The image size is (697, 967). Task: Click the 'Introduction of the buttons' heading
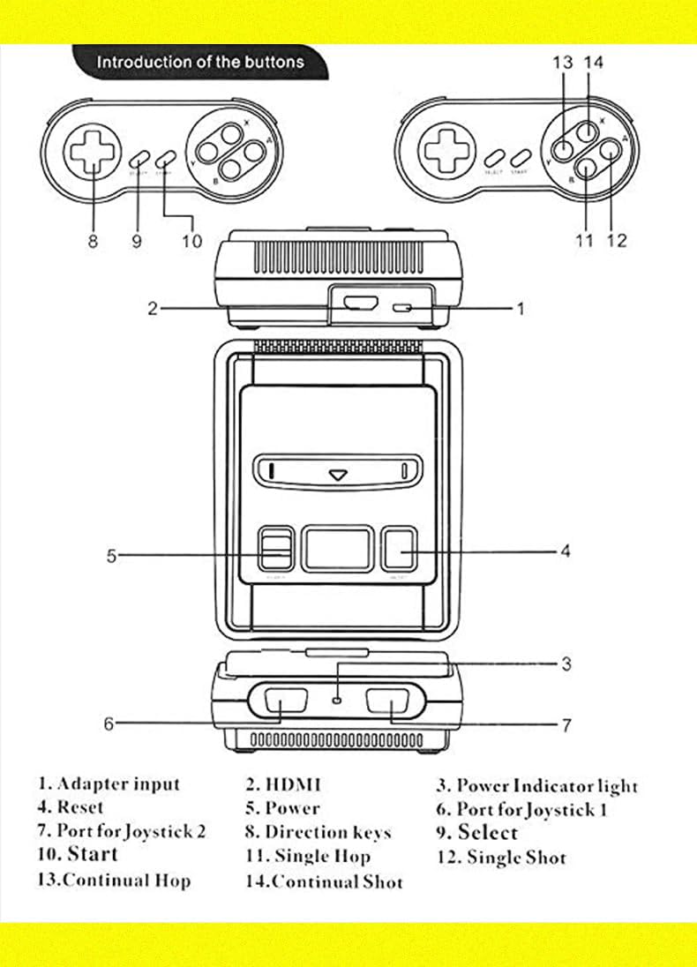199,63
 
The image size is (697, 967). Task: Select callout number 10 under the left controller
191,241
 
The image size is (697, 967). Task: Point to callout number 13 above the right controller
563,63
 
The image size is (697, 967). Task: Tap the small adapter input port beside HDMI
405,308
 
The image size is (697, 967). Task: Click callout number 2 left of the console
153,308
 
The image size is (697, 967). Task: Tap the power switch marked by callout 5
276,549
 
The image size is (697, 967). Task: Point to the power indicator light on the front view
338,700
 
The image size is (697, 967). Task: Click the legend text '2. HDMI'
283,784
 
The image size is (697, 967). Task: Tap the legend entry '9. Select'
476,832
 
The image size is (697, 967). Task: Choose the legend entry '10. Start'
77,854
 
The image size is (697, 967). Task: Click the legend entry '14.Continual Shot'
324,881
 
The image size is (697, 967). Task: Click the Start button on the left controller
165,160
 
